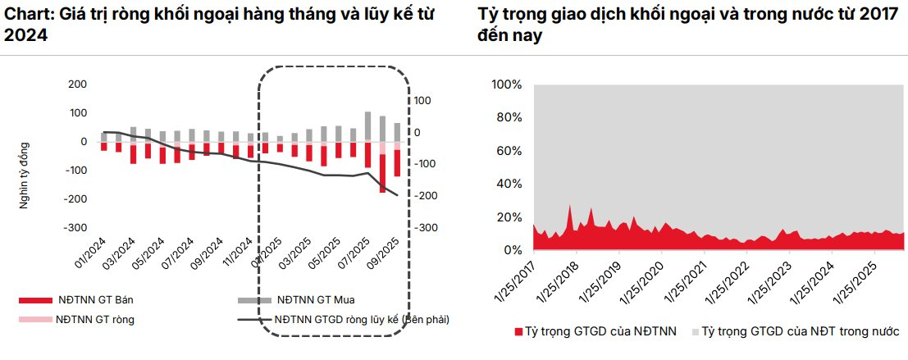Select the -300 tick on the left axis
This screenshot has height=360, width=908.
[x=77, y=228]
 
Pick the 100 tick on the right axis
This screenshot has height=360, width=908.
[x=422, y=100]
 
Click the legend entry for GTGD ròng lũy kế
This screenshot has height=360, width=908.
[x=362, y=319]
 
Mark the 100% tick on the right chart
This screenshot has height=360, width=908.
[x=506, y=84]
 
